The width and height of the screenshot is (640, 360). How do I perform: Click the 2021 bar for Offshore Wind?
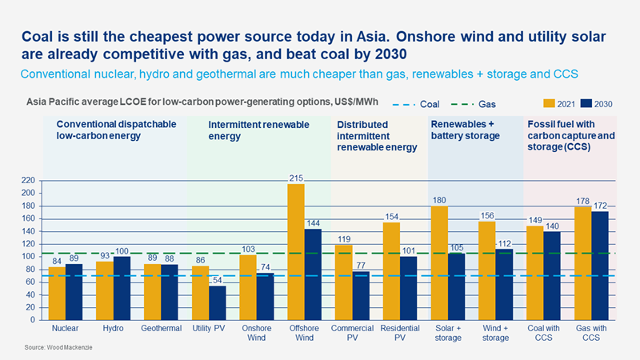point(296,252)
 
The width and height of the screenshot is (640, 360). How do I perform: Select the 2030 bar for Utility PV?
point(218,302)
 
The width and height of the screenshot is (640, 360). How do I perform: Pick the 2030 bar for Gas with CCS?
point(598,265)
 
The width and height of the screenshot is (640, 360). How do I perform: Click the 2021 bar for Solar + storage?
point(439,263)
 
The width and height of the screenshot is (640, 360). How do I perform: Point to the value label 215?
point(296,178)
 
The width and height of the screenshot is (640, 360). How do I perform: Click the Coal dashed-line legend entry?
point(418,104)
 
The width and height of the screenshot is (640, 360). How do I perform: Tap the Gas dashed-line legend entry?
point(476,104)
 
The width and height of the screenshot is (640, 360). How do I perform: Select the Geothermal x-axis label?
point(161,329)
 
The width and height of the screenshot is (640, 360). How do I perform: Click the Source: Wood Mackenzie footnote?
point(47,350)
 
